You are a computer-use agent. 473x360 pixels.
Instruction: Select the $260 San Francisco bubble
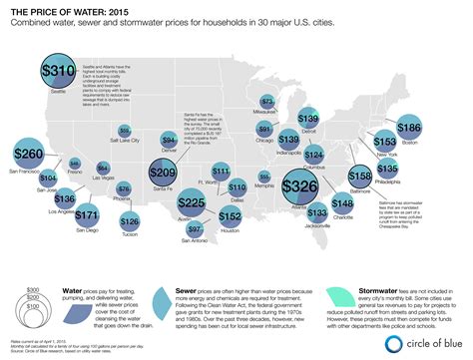coord(31,156)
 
